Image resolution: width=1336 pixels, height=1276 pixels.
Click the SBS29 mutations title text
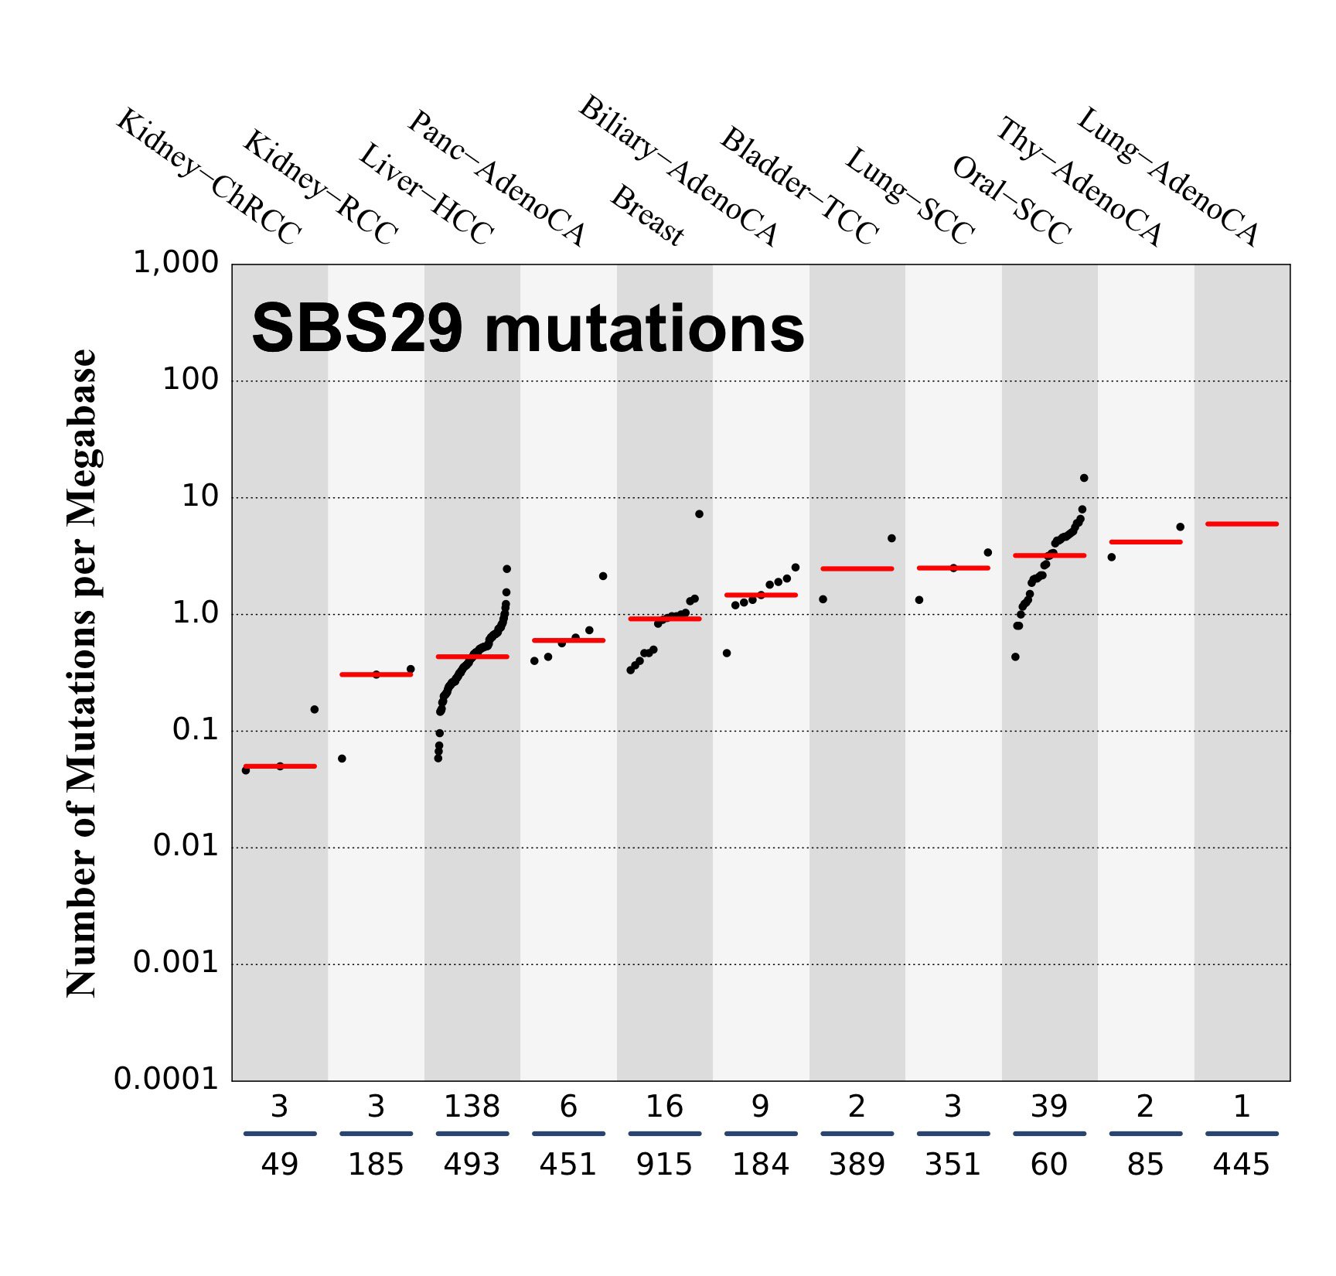[x=528, y=329]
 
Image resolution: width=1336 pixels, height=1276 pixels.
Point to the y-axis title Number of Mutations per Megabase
[x=82, y=673]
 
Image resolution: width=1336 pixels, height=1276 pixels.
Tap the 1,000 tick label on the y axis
[x=176, y=263]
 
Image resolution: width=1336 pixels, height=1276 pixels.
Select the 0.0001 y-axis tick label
[x=166, y=1079]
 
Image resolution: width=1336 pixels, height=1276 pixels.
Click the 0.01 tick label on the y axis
[x=186, y=846]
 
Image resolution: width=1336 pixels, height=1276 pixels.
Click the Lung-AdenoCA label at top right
[x=1168, y=177]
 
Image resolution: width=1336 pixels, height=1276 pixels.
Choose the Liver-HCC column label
[x=426, y=194]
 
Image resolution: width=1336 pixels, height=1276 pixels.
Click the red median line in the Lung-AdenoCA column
[x=1242, y=524]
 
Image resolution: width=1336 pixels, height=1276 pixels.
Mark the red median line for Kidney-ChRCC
[x=280, y=766]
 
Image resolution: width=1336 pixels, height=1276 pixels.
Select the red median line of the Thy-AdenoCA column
[x=1146, y=542]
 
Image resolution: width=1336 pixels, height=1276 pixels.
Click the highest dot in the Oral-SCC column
[x=1084, y=478]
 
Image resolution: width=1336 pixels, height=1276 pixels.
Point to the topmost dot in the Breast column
[x=699, y=514]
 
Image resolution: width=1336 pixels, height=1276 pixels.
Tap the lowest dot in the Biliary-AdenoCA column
[x=727, y=653]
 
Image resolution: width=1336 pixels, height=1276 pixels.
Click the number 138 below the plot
[x=472, y=1107]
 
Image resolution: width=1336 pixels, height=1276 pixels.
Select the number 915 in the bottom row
[x=664, y=1165]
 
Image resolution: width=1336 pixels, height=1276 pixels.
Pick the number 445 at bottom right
[x=1241, y=1165]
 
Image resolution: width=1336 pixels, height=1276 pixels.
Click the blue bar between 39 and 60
[x=1049, y=1134]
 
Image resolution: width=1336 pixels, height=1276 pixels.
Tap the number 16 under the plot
[x=664, y=1107]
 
